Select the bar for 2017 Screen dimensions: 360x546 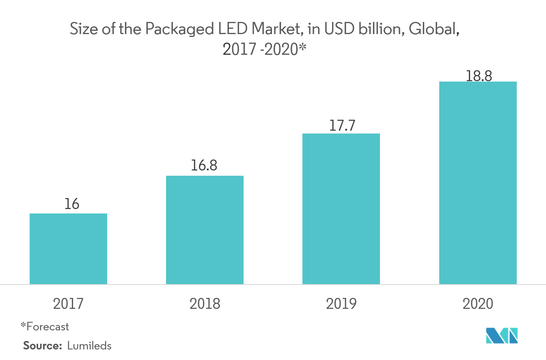tap(68, 248)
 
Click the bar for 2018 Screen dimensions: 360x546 tap(205, 230)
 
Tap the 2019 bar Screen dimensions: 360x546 tap(341, 209)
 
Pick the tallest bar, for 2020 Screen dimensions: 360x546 tap(478, 183)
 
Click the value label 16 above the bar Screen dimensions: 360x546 tap(71, 204)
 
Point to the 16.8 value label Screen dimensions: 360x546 tap(205, 166)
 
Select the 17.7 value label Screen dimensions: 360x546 tap(342, 125)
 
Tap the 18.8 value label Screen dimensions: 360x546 tap(479, 75)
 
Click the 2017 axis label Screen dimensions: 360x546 tap(68, 304)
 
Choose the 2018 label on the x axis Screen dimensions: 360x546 tap(204, 304)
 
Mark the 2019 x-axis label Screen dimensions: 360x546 tap(341, 304)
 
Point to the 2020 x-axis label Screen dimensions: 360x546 tap(477, 304)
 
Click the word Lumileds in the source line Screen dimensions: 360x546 tap(89, 346)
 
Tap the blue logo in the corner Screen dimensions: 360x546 tap(502, 336)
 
